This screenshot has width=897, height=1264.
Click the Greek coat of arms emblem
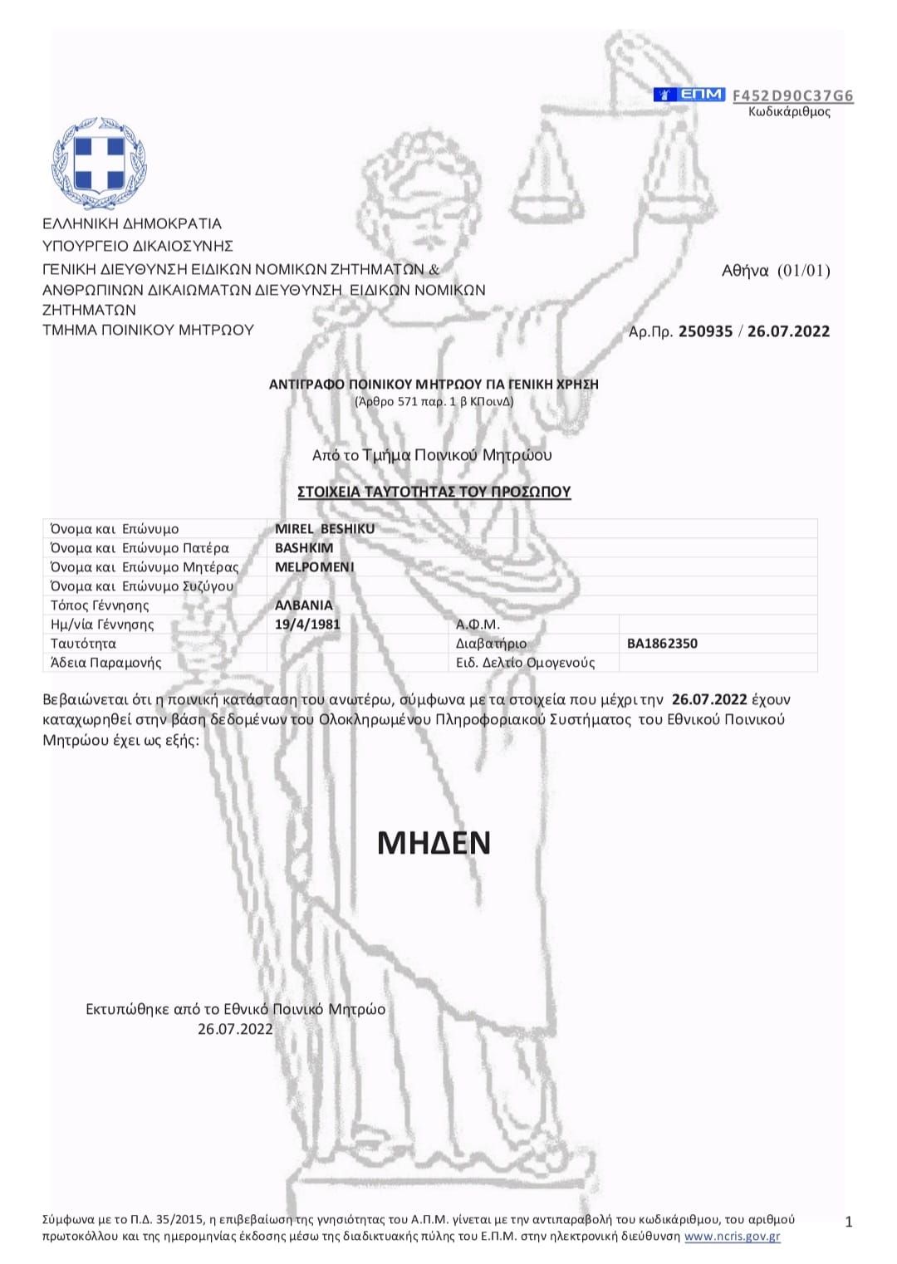pos(100,163)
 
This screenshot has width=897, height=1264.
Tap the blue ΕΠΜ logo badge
pos(689,95)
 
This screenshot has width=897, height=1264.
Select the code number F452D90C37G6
pos(792,96)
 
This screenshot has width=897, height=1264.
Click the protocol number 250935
pos(705,331)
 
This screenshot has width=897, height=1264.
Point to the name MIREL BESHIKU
pos(325,529)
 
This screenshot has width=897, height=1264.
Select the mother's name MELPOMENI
pos(315,567)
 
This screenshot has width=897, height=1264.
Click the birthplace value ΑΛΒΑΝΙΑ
pos(304,605)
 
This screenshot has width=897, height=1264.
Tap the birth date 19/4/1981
pos(307,624)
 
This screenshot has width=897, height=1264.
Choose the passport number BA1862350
pos(662,644)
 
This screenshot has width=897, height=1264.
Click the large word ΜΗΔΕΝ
pos(434,843)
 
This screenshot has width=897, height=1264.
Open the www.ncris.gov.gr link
pos(733,1252)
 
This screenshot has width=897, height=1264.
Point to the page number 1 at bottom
pos(849,1238)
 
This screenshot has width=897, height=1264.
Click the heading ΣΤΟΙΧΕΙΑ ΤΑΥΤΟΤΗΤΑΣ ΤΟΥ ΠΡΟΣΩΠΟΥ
pos(434,492)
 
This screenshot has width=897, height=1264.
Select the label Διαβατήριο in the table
pos(491,644)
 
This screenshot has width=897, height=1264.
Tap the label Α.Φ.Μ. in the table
pos(478,625)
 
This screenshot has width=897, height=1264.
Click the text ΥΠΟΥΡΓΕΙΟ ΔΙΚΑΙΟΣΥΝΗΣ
pos(138,246)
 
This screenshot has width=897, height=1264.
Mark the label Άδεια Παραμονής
pos(106,663)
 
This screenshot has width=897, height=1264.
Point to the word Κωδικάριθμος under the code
pos(789,112)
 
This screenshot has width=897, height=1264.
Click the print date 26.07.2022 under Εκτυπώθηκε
pos(235,1029)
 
